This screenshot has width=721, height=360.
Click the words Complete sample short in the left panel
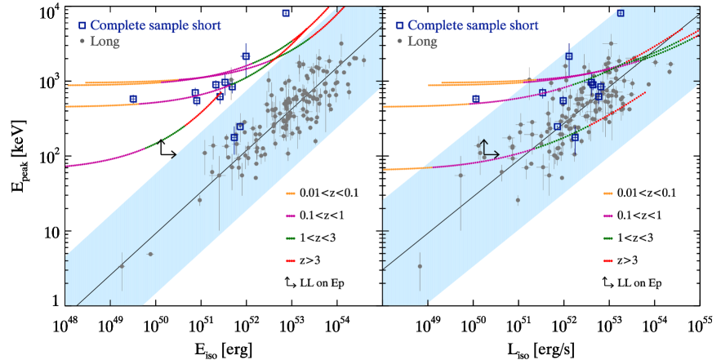coord(155,25)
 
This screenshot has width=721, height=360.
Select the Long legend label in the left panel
coord(105,42)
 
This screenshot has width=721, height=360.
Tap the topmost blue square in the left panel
coord(286,13)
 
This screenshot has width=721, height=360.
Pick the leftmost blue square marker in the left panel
coord(133,99)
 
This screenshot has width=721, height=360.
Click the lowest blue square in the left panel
coord(234,138)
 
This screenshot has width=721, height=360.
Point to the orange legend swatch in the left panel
coord(291,194)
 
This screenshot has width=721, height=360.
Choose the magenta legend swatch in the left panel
coord(291,216)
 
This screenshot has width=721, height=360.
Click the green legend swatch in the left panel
coord(291,238)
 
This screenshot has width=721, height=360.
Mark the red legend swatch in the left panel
coord(291,261)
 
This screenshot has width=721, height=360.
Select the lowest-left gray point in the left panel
coord(122,266)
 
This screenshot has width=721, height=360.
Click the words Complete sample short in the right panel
coord(473,25)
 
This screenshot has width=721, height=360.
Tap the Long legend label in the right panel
coord(422,42)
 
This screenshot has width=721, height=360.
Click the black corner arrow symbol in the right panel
coord(488,149)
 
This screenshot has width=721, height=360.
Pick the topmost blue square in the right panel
coord(621,13)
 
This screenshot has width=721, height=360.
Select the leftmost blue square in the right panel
coord(476,99)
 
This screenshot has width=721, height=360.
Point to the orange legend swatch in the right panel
coord(608,194)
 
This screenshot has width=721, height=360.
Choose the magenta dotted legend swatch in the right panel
coord(608,216)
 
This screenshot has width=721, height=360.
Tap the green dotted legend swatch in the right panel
coord(608,238)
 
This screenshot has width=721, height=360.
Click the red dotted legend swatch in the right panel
coord(608,261)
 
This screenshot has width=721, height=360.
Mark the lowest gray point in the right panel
coord(420,266)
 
